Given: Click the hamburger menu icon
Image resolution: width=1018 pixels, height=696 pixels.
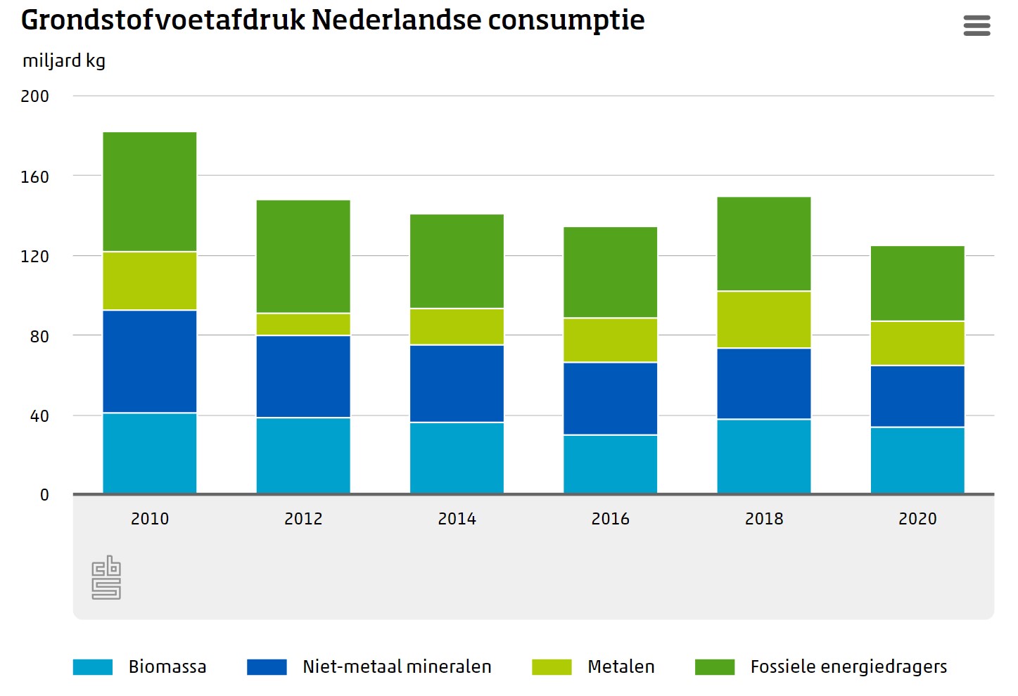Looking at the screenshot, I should click(x=976, y=26).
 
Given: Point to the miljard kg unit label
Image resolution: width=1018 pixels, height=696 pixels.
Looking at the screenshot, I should click(x=64, y=61).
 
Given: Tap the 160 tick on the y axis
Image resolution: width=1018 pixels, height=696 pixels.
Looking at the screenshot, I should click(x=35, y=176).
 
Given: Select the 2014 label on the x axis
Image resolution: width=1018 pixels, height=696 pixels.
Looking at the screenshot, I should click(x=457, y=519).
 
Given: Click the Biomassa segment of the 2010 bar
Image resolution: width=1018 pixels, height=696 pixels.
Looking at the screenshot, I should click(x=150, y=453).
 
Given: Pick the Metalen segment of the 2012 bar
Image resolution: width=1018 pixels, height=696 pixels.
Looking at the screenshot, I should click(x=303, y=324).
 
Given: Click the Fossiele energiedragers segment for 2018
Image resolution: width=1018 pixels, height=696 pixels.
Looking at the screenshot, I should click(x=764, y=243).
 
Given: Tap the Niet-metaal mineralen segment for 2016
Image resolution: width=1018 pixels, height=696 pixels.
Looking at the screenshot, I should click(x=611, y=399).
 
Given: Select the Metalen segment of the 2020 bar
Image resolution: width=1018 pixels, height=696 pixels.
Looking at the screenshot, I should click(x=917, y=343).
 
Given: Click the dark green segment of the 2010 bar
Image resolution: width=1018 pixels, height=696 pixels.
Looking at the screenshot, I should click(x=150, y=191).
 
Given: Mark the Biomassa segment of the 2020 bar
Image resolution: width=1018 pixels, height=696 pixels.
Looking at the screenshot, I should click(x=917, y=460).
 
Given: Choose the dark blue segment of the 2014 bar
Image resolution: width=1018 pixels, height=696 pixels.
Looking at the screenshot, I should click(x=457, y=383).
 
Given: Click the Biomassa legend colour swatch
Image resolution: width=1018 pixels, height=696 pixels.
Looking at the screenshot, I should click(x=93, y=667).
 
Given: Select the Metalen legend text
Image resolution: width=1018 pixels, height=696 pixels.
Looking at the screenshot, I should click(x=621, y=667).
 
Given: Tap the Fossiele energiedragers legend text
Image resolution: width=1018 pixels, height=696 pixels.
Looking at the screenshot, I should click(x=848, y=667).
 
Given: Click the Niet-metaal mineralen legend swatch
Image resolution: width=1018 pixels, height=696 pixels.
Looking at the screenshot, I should click(x=267, y=667).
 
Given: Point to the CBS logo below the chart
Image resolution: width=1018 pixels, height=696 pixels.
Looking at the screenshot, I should click(x=106, y=578).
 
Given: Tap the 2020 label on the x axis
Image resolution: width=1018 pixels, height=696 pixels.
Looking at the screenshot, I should click(x=917, y=519).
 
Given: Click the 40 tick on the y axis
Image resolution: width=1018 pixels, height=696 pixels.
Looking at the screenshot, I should click(x=39, y=416).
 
